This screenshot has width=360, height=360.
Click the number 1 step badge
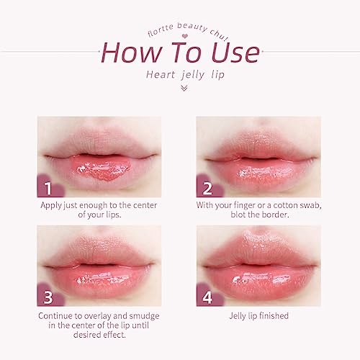click(48, 189)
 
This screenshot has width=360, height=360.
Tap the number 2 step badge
click(207, 189)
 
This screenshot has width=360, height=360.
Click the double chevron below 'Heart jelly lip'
click(183, 88)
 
